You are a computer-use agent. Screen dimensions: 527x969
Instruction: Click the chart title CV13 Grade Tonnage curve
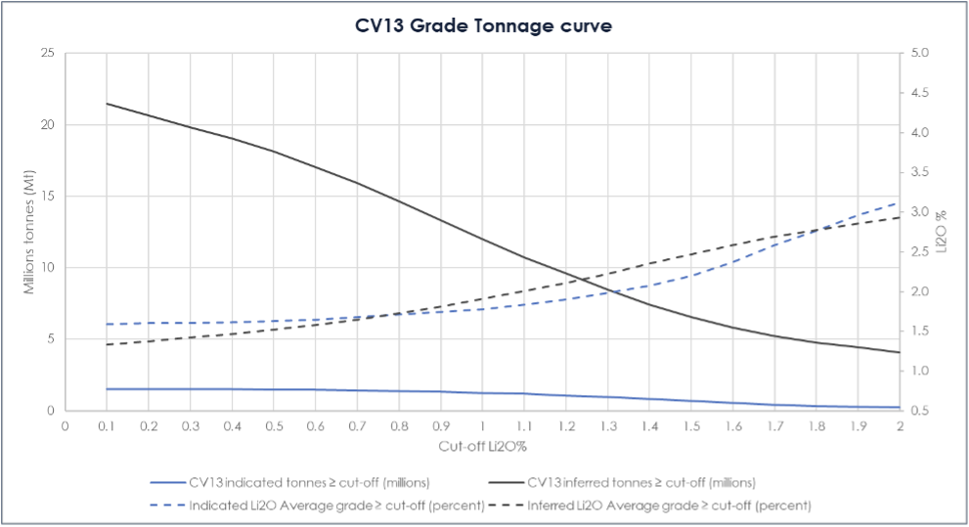(x=484, y=26)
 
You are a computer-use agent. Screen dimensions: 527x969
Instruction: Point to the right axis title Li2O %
(x=943, y=232)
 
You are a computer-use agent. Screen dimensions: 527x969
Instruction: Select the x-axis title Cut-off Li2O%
(x=482, y=447)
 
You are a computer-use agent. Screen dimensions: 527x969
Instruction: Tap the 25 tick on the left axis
(x=47, y=53)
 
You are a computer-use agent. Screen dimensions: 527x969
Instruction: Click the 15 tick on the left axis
(x=47, y=197)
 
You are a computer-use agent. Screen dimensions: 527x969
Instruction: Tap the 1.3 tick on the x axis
(x=607, y=426)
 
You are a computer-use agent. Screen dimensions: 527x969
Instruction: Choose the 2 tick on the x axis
(x=899, y=426)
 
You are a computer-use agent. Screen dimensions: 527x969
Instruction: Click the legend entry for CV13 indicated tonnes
(x=290, y=482)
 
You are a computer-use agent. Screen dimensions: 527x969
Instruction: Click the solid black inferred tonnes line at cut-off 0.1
(x=107, y=104)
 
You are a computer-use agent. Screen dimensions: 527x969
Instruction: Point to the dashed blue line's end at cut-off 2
(x=899, y=202)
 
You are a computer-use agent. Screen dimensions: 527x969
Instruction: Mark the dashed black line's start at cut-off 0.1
(x=107, y=344)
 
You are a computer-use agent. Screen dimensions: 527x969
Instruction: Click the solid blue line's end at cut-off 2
(x=899, y=407)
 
